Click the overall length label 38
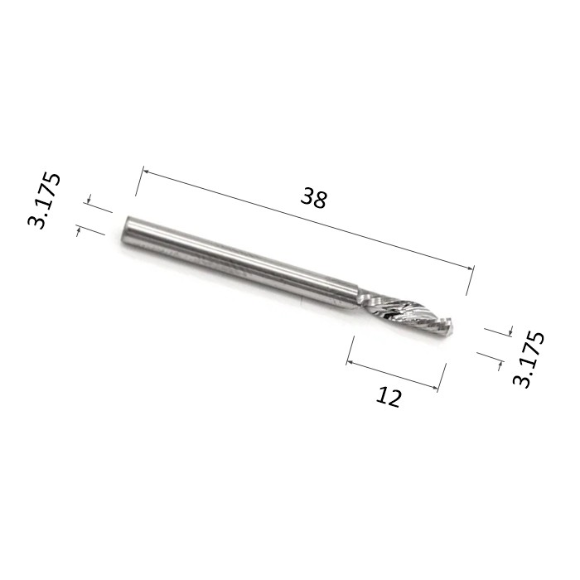[x=314, y=198]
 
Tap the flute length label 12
[x=389, y=397]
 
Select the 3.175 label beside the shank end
[x=44, y=201]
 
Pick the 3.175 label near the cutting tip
[x=529, y=359]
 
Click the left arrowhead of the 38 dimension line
[x=146, y=172]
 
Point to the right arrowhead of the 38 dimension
[x=471, y=268]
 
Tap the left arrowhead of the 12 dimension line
[x=350, y=363]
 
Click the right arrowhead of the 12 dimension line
[x=435, y=387]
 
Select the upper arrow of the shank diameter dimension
[x=88, y=199]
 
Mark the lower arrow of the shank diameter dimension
[x=79, y=231]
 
